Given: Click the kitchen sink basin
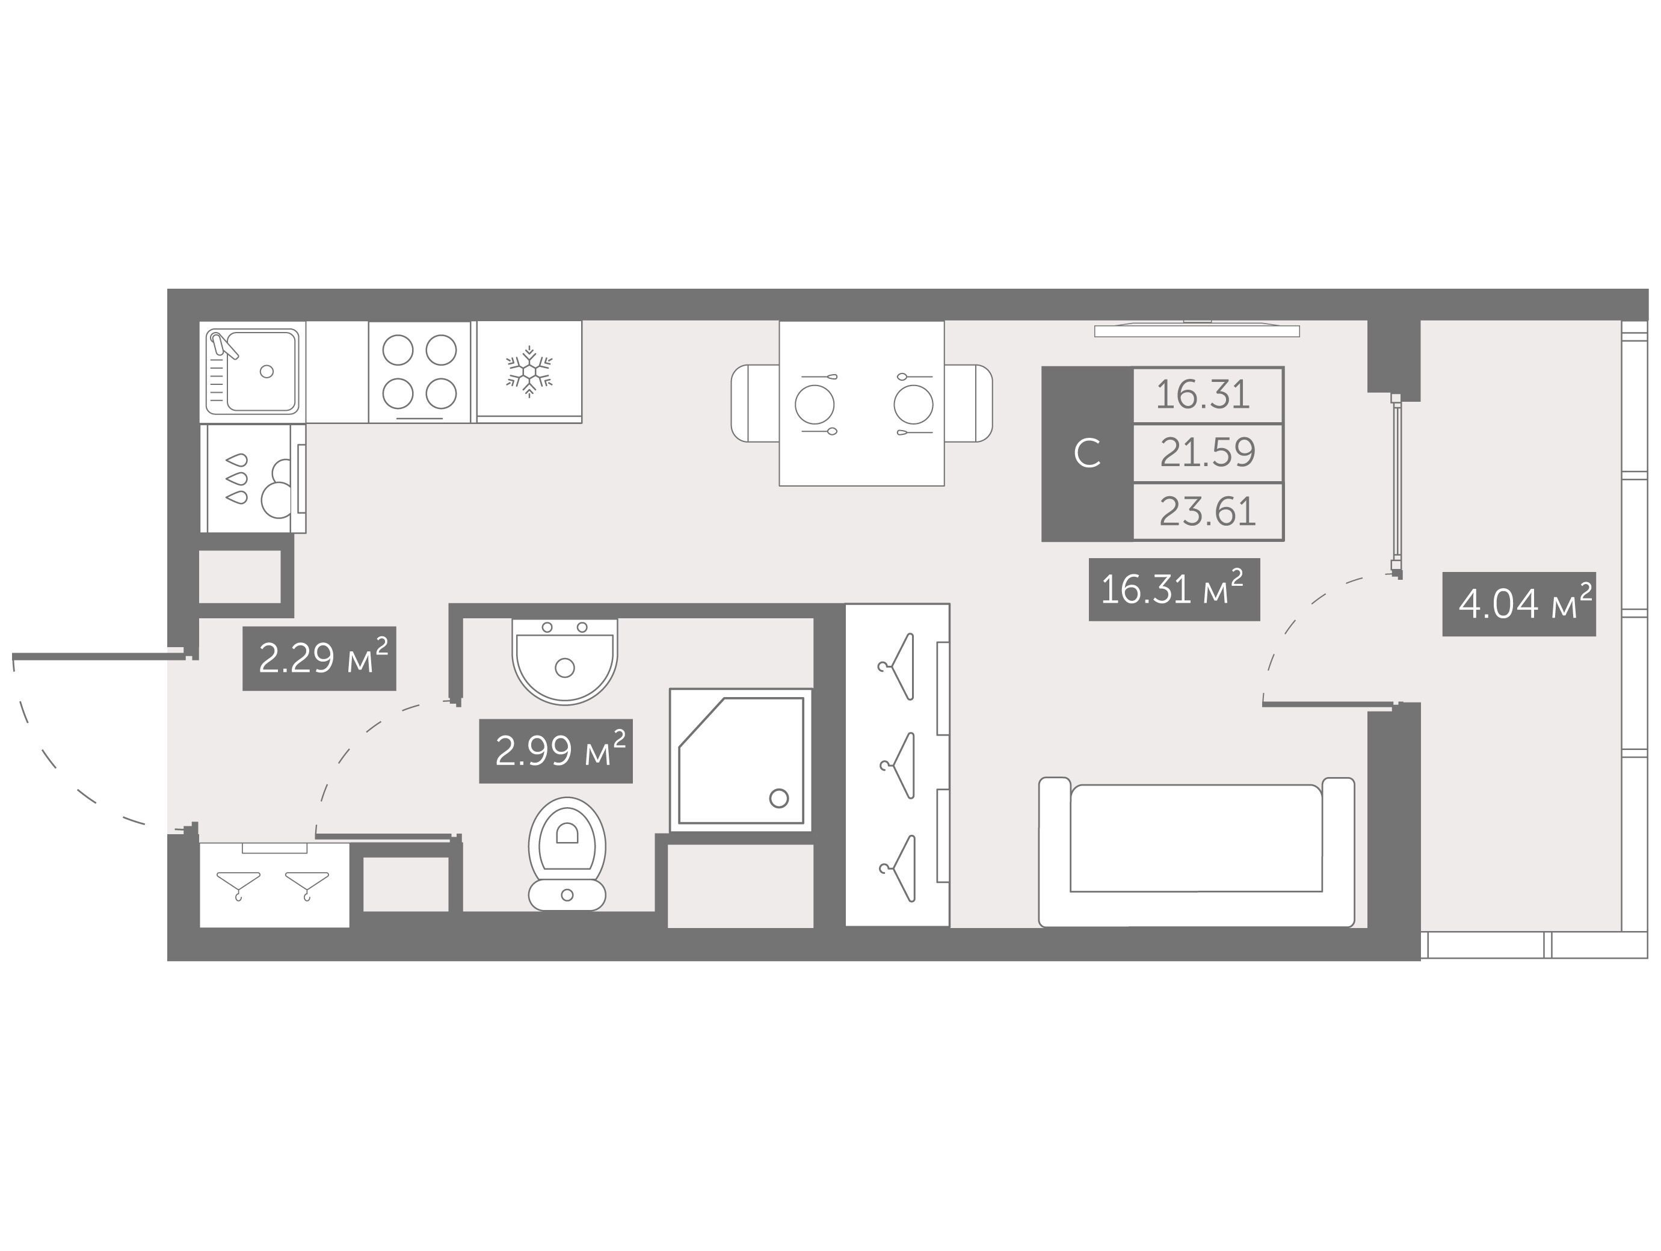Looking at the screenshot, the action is pos(263,371).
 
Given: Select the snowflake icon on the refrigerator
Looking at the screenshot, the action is pos(529,371).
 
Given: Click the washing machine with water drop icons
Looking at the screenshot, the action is pos(252,478).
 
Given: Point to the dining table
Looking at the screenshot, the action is pos(861,403).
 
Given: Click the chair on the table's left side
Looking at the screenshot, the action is pos(754,403).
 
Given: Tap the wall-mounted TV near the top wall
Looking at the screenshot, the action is pos(1197,329).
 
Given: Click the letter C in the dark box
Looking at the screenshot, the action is pos(1087,453).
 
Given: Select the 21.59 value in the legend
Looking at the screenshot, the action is pos(1207,453).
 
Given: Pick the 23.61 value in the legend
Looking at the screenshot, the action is pos(1207,512).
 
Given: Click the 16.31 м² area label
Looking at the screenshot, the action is pos(1174,589).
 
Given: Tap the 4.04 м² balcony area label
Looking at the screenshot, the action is pos(1519,604).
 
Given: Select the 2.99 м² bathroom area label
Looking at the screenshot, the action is pos(556,751).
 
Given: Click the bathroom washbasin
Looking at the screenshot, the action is pos(565,662).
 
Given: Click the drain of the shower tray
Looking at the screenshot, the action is pos(778,798).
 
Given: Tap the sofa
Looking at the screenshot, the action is pos(1196,852).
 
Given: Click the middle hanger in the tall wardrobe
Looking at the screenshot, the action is pos(898,765).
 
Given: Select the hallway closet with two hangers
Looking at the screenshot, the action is pos(274,885).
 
